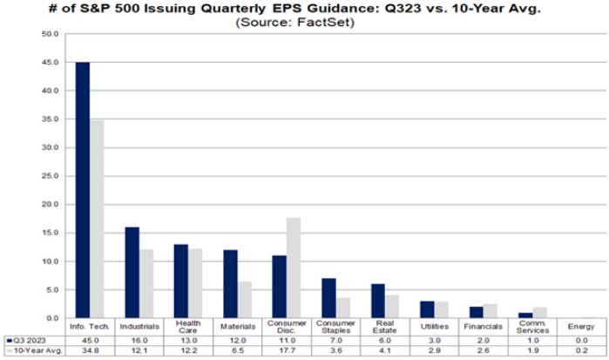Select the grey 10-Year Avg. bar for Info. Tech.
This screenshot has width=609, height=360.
96,219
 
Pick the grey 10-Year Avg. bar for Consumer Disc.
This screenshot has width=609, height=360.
294,268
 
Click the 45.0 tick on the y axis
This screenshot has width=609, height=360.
50,63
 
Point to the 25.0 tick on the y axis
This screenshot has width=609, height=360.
50,176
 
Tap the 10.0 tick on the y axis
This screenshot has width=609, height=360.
50,262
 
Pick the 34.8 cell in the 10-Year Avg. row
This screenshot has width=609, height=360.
89,350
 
